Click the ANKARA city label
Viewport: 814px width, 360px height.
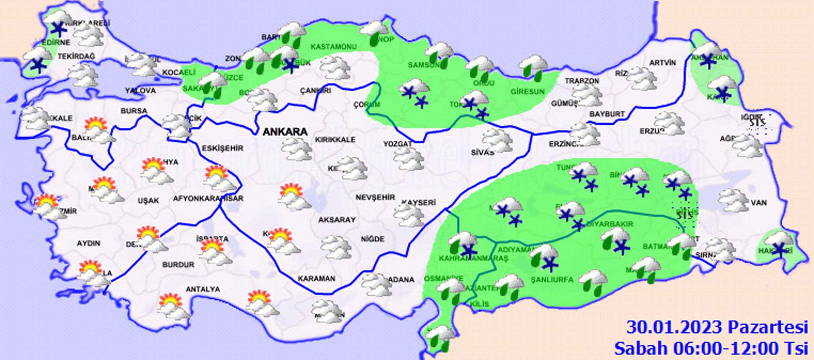pyautogui.click(x=285, y=132)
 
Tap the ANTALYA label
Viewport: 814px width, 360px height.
pyautogui.click(x=203, y=289)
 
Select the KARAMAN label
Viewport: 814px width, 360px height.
pyautogui.click(x=316, y=279)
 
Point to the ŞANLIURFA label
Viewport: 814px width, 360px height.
pyautogui.click(x=552, y=279)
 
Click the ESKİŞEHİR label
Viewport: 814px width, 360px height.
pyautogui.click(x=223, y=148)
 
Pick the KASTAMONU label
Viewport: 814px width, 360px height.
pyautogui.click(x=333, y=47)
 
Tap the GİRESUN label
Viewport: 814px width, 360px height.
pyautogui.click(x=527, y=92)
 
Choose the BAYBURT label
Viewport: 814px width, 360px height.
pyautogui.click(x=607, y=114)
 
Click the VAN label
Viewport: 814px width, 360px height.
pyautogui.click(x=758, y=203)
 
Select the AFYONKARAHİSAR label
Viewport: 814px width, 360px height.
pyautogui.click(x=208, y=198)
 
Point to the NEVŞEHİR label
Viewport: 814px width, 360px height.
pyautogui.click(x=375, y=198)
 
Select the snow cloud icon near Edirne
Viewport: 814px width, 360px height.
pyautogui.click(x=37, y=59)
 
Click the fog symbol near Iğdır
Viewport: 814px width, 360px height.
pyautogui.click(x=757, y=123)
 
